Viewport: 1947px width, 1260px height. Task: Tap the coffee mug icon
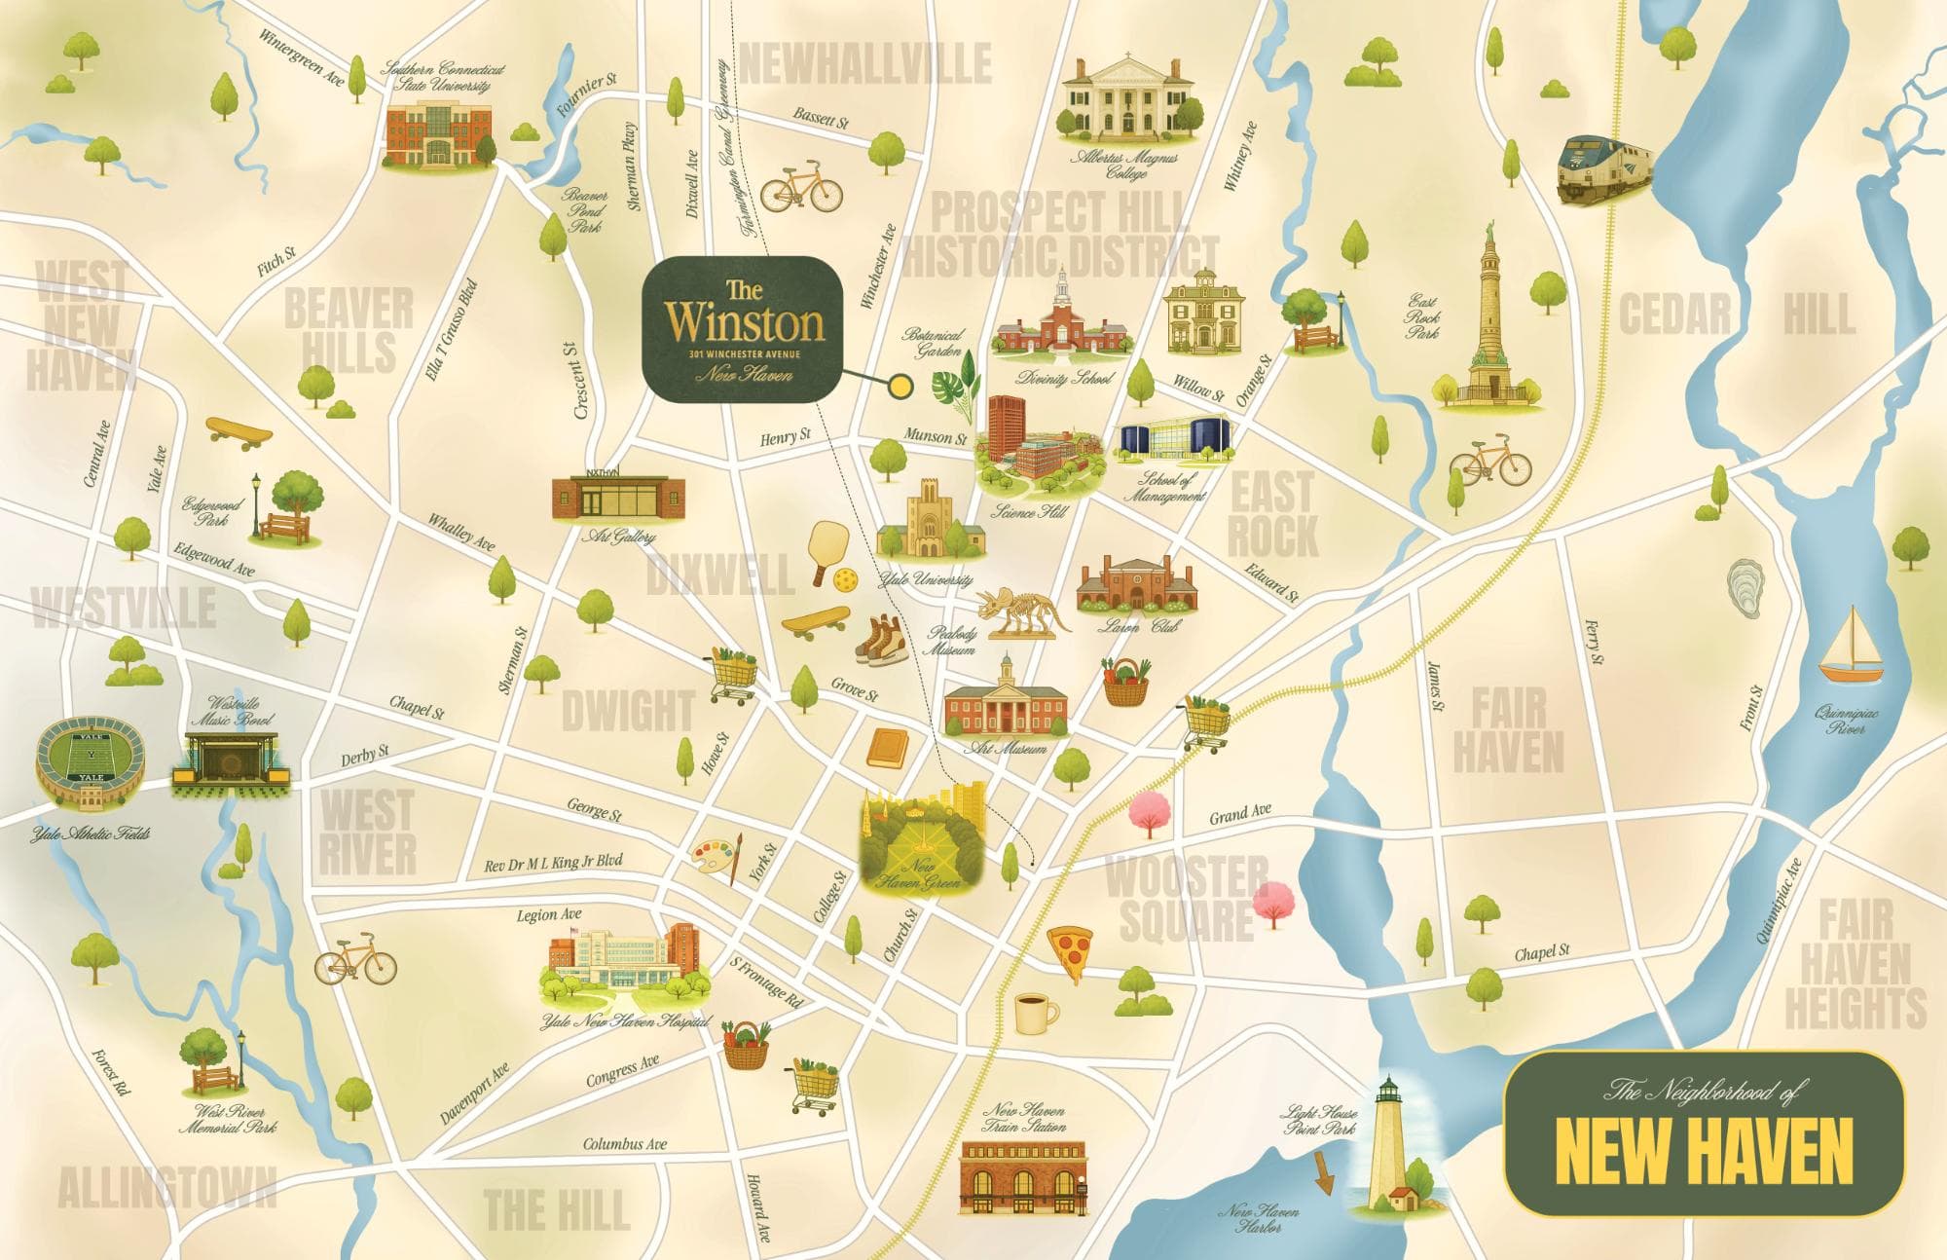(1035, 1014)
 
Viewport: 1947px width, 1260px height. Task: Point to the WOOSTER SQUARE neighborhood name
(1186, 898)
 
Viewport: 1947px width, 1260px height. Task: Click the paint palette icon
(716, 860)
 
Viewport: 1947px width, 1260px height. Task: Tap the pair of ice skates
(880, 639)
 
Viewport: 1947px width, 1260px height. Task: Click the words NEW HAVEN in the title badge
(1703, 1151)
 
